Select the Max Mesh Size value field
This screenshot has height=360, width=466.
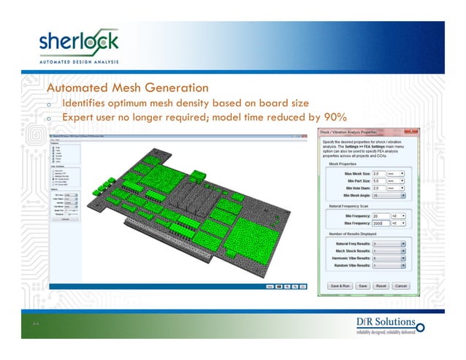(x=381, y=173)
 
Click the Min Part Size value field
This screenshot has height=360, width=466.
(x=381, y=180)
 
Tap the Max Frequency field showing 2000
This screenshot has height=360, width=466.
(x=381, y=223)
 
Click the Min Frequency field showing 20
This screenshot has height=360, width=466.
(x=381, y=216)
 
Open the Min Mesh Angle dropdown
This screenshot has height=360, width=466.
(x=388, y=196)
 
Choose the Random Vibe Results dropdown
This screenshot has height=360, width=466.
(x=388, y=267)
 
